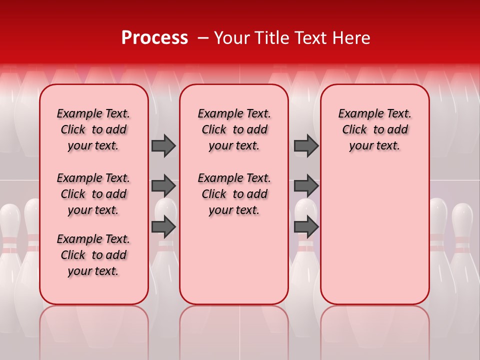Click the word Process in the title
pos(154,38)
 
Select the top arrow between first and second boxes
pos(163,146)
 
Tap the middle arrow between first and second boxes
pos(163,186)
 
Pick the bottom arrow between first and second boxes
pos(163,226)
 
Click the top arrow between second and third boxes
pos(306,146)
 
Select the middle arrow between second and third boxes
pos(306,186)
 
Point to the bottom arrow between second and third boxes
pos(306,226)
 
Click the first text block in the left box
pos(93,129)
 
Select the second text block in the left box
pos(93,194)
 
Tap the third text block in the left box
pos(93,255)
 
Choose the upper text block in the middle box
pos(234,129)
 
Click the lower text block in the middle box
pos(234,194)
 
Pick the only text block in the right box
pos(374,129)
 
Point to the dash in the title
pos(203,38)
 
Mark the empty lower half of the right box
pos(374,240)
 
